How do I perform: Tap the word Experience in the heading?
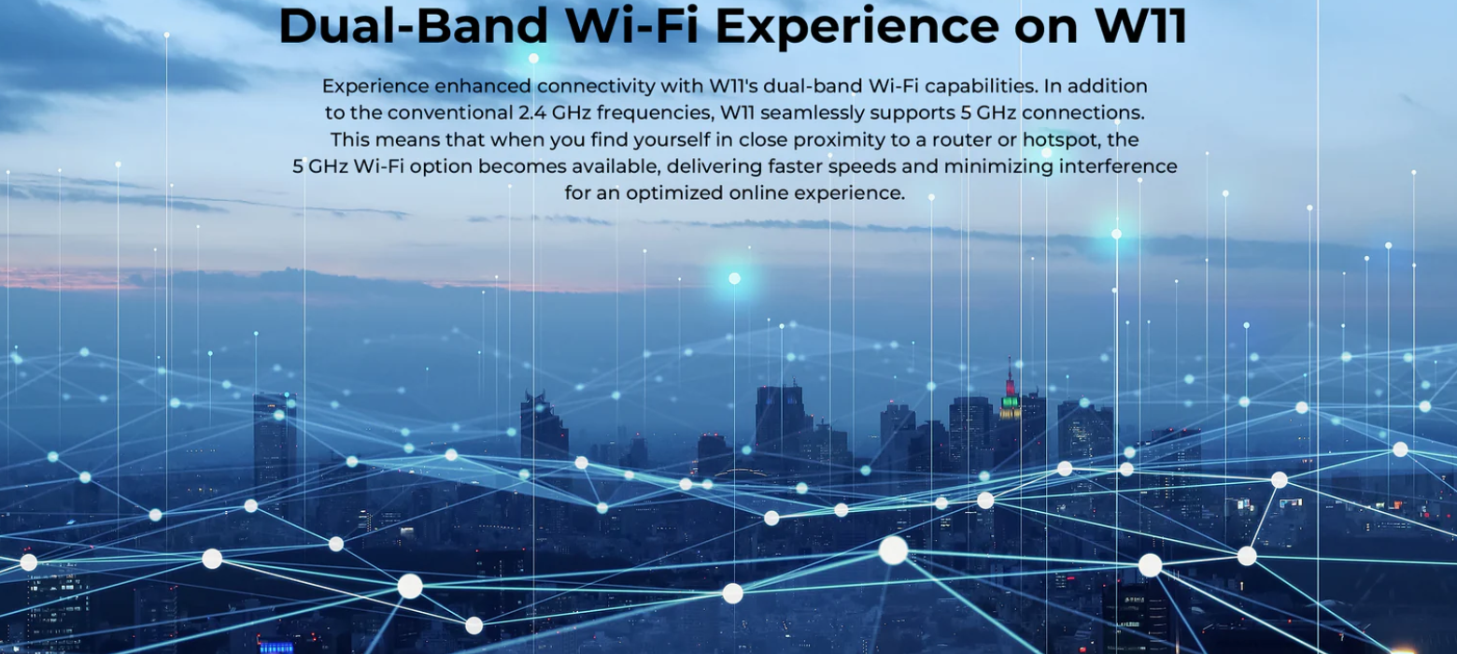[x=856, y=27]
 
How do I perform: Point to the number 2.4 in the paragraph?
[x=532, y=112]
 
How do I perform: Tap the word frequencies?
[x=655, y=113]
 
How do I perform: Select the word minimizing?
[x=998, y=166]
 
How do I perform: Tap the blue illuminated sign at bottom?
[x=276, y=647]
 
